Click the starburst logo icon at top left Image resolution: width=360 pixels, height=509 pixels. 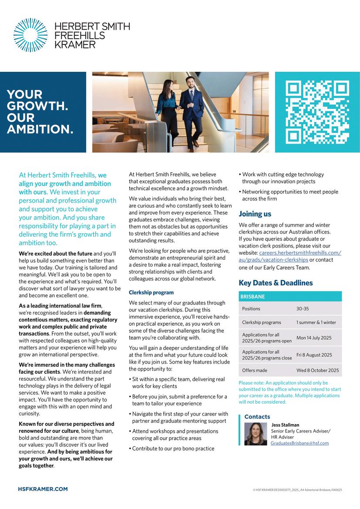point(30,35)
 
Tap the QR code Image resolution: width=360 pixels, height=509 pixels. point(317,112)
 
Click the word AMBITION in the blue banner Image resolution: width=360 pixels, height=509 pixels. point(40,129)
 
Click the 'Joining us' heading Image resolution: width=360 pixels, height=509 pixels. point(255,214)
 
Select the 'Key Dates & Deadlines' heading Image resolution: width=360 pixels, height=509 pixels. point(276,283)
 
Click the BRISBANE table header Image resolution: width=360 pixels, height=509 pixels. point(252,297)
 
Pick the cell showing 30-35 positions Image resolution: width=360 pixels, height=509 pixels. point(303,309)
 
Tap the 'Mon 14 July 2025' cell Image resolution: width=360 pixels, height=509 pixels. point(314,338)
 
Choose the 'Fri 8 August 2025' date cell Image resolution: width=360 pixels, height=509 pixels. point(314,355)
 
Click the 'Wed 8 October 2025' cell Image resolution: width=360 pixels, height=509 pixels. point(317,371)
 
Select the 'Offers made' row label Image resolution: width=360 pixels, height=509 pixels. point(255,371)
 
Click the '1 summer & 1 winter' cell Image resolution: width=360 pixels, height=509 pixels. point(316,323)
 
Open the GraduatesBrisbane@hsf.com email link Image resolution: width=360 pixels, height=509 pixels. point(299,443)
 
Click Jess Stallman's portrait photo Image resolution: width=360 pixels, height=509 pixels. point(256,434)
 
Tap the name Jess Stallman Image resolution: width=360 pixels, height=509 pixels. point(285,425)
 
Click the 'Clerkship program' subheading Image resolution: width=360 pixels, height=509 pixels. point(151,292)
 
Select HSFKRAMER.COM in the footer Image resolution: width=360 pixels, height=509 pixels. point(43,489)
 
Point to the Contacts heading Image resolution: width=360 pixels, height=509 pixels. point(257,417)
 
